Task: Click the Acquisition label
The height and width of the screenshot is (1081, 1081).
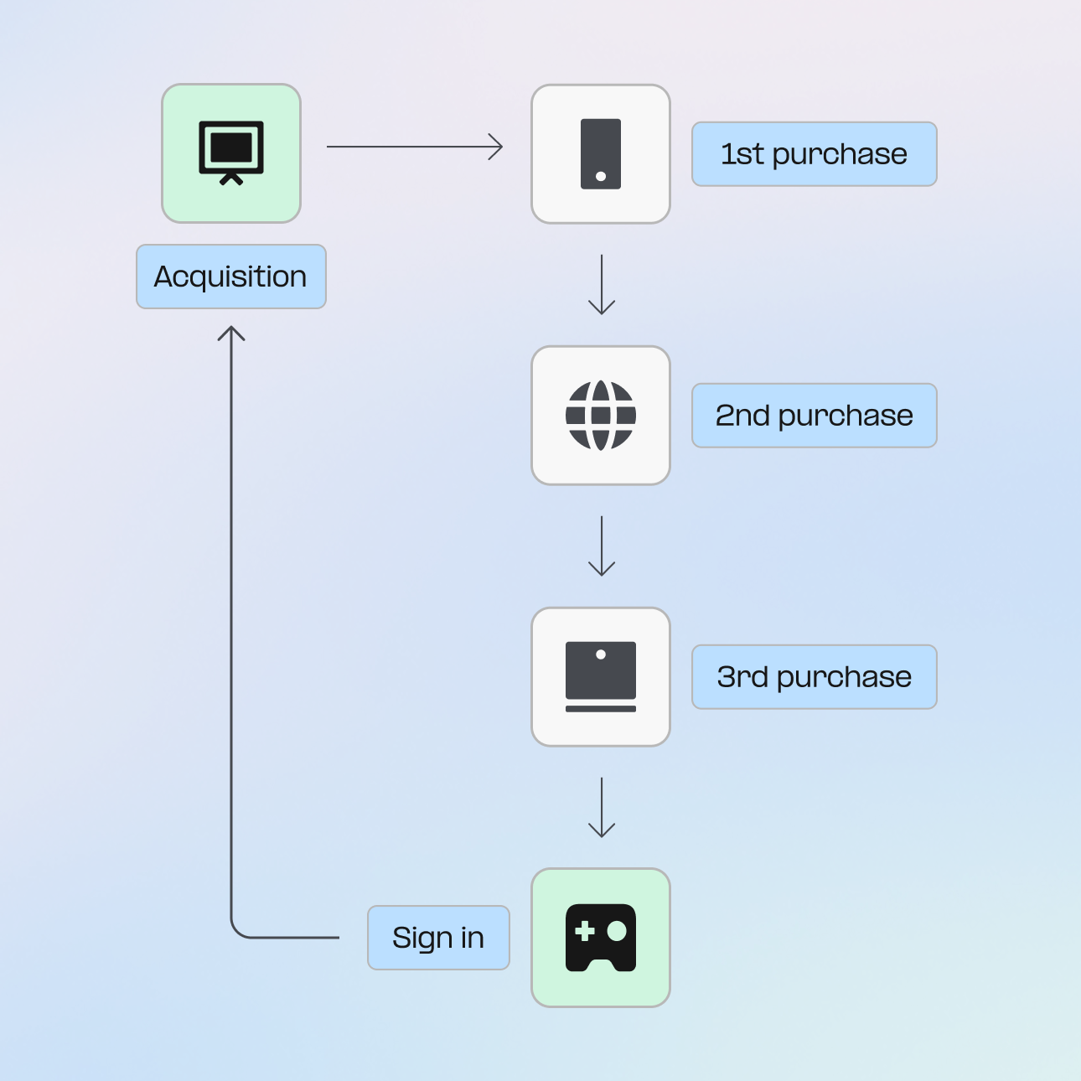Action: [230, 277]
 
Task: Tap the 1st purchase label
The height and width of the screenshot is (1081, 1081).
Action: [814, 154]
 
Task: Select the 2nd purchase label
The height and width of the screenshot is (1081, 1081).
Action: [814, 416]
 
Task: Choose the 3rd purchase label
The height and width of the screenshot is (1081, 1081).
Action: [814, 677]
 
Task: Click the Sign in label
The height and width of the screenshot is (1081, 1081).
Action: [438, 938]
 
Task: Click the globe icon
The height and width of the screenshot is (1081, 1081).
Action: [601, 416]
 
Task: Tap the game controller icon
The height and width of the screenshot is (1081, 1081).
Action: [601, 938]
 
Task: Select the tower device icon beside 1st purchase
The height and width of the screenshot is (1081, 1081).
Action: [601, 154]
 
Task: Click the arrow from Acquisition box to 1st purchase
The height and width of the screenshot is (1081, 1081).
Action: [415, 147]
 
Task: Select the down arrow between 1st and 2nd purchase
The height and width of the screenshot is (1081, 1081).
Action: [602, 285]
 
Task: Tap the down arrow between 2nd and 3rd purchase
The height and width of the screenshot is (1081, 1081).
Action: [602, 546]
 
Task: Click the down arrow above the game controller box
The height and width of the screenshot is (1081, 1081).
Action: [602, 808]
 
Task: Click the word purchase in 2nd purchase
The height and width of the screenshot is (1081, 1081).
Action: [846, 416]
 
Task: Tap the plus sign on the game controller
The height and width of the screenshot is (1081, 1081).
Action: [585, 931]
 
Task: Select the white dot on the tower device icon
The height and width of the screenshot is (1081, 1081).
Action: [601, 176]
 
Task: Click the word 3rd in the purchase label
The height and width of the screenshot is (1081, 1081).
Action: [742, 677]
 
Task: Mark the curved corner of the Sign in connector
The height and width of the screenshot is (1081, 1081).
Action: [236, 932]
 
